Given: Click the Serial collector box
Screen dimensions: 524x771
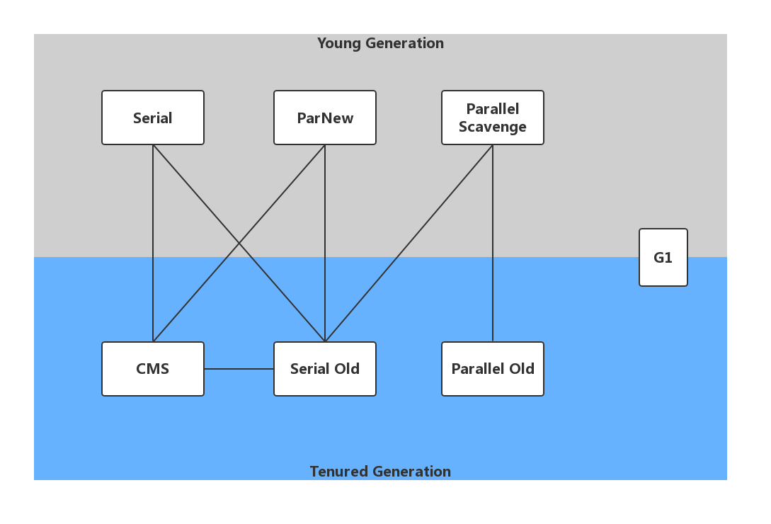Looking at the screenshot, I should tap(153, 118).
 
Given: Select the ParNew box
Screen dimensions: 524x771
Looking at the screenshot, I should tap(325, 118).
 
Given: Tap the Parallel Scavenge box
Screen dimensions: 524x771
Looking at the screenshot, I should tap(493, 118).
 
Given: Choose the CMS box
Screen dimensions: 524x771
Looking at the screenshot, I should tap(153, 369).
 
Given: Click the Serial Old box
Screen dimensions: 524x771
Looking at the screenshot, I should tap(325, 369).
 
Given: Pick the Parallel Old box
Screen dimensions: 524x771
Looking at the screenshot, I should tap(493, 369).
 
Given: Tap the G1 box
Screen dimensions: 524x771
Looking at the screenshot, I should tap(663, 258).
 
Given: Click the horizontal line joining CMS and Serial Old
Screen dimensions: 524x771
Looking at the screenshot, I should tap(239, 369).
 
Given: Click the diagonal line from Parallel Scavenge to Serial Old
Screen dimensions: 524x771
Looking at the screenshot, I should tap(409, 243).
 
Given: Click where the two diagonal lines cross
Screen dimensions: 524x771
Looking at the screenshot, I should tap(239, 243).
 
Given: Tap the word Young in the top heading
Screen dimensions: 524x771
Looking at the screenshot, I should tap(338, 44).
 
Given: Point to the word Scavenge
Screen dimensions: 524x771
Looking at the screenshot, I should tap(493, 127).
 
